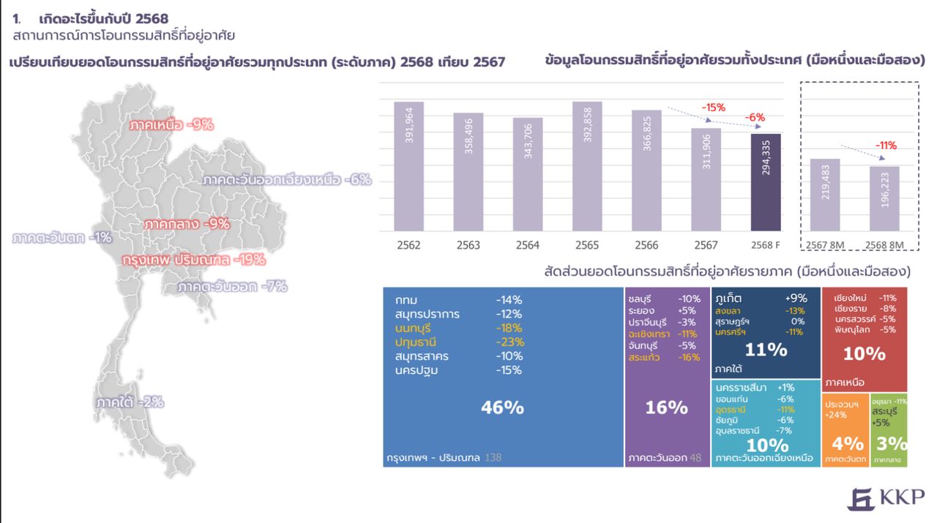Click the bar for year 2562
click(408, 166)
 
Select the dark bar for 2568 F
click(766, 182)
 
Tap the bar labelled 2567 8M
click(824, 195)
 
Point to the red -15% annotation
click(713, 108)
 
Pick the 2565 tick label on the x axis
click(586, 245)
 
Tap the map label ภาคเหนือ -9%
click(171, 124)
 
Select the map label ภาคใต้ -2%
click(130, 402)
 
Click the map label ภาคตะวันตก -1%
click(61, 237)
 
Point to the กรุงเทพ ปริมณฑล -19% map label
click(193, 260)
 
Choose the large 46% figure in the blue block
click(502, 407)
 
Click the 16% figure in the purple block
click(666, 407)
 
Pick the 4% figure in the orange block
click(847, 443)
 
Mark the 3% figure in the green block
click(891, 443)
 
